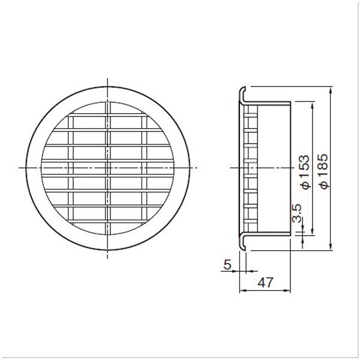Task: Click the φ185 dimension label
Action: tap(324, 171)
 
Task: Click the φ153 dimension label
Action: tap(305, 172)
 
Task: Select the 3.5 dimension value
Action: tap(297, 213)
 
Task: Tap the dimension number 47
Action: tap(265, 283)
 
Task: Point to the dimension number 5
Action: tap(227, 265)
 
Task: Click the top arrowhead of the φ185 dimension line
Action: tap(331, 90)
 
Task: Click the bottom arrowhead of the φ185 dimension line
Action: tap(331, 247)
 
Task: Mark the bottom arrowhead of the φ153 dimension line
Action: tap(312, 232)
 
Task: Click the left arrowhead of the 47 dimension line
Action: tap(243, 290)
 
